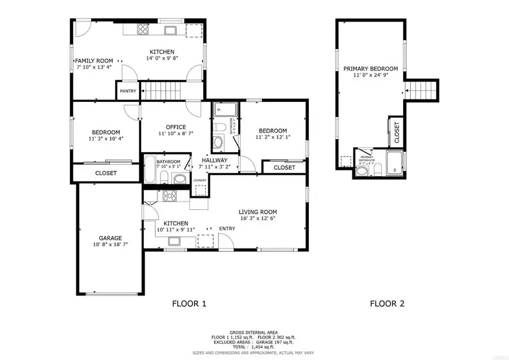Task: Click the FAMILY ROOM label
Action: coord(94,61)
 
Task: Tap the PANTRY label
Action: coord(127,91)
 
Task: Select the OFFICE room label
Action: coord(176,127)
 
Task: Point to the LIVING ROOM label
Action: coord(257,212)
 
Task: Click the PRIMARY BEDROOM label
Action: coord(370,69)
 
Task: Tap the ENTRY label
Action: coord(228,229)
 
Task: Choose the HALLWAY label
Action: coord(214,160)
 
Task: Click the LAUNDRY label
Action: coord(200,181)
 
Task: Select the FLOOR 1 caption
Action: coord(189,304)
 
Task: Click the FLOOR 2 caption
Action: coord(387,304)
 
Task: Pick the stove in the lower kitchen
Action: coord(169,196)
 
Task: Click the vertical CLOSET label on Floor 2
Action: coord(396,132)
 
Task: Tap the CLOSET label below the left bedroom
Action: coord(106,173)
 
